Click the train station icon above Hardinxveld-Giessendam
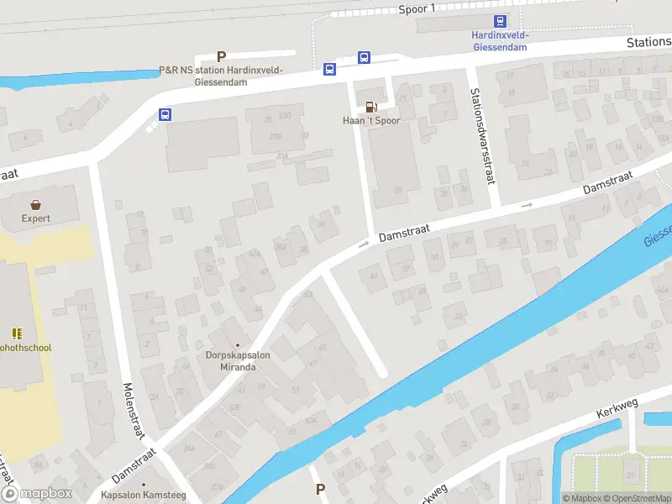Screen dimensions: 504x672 [x=500, y=22]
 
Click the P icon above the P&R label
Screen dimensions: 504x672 [x=222, y=56]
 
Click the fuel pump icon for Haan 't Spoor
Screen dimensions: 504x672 [x=370, y=106]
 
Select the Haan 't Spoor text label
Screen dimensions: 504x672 [x=370, y=121]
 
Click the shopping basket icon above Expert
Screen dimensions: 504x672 [x=36, y=204]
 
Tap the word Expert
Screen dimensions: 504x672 [x=36, y=218]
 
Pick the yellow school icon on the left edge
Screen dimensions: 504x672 [x=17, y=333]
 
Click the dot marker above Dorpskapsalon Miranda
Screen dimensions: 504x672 [x=237, y=344]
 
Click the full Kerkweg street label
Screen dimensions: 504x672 [x=617, y=409]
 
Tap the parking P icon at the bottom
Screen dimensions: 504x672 [x=319, y=489]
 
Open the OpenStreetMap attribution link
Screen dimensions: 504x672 [x=636, y=498]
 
